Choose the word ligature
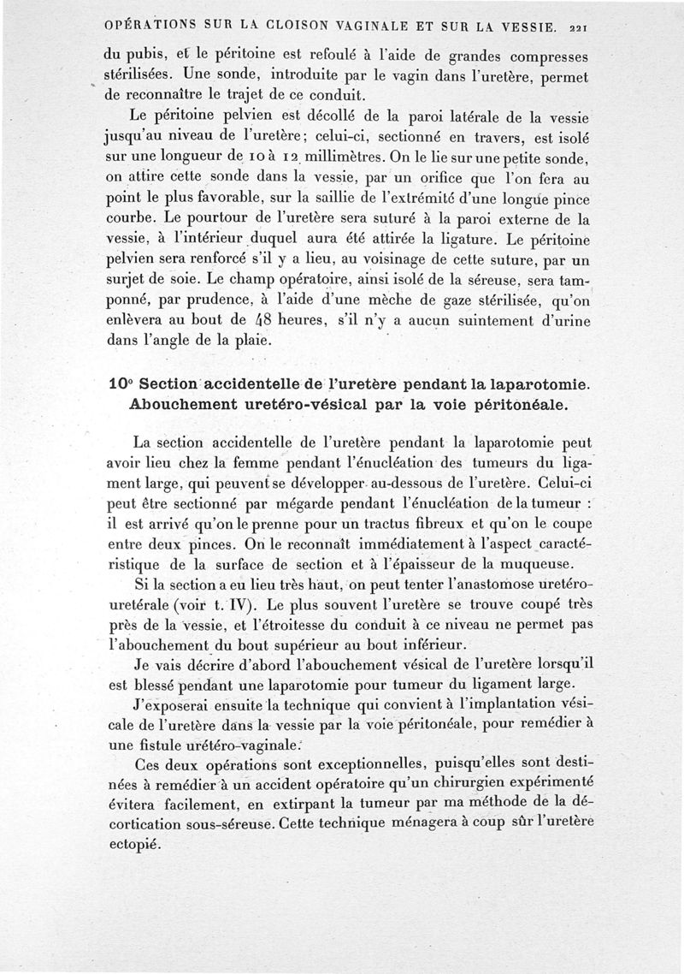412,241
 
